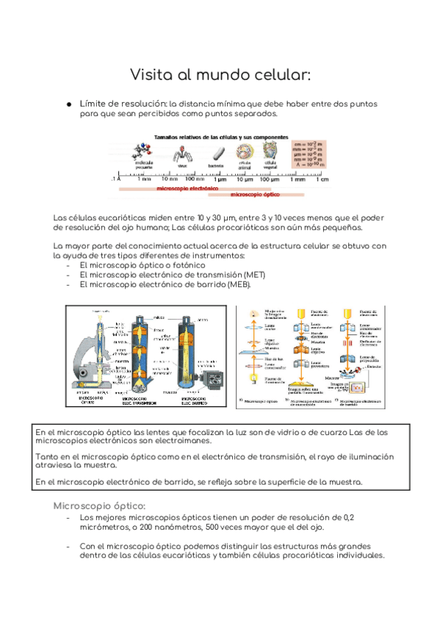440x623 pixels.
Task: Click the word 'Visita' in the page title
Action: [x=151, y=74]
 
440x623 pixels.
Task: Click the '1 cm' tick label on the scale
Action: [x=323, y=179]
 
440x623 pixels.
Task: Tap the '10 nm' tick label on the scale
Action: [x=170, y=179]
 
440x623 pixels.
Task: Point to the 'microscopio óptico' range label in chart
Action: [x=258, y=195]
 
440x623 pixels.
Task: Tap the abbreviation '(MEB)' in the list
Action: [x=238, y=284]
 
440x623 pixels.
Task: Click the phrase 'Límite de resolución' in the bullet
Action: [x=123, y=104]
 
